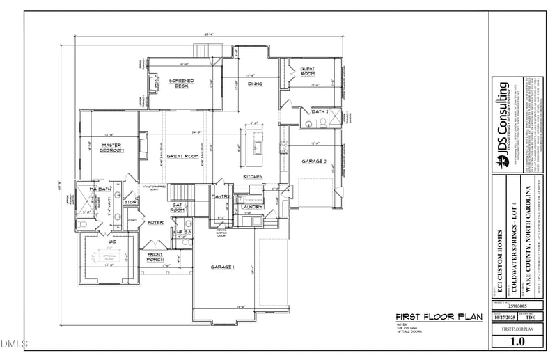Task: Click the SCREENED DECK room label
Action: (x=182, y=84)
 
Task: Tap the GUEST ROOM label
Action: (x=307, y=71)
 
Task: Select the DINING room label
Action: (x=256, y=84)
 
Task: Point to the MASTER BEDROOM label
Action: (x=111, y=148)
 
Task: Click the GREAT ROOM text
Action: (x=184, y=156)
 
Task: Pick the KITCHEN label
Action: (x=253, y=177)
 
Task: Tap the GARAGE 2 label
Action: (x=314, y=161)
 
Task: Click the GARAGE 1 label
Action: (x=223, y=267)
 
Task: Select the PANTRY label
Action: (x=221, y=197)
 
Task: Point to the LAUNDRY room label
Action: (x=251, y=207)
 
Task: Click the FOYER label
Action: (x=155, y=222)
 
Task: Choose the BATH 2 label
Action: (x=320, y=111)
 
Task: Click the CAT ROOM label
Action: (x=178, y=208)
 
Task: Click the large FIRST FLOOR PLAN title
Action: (x=439, y=317)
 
